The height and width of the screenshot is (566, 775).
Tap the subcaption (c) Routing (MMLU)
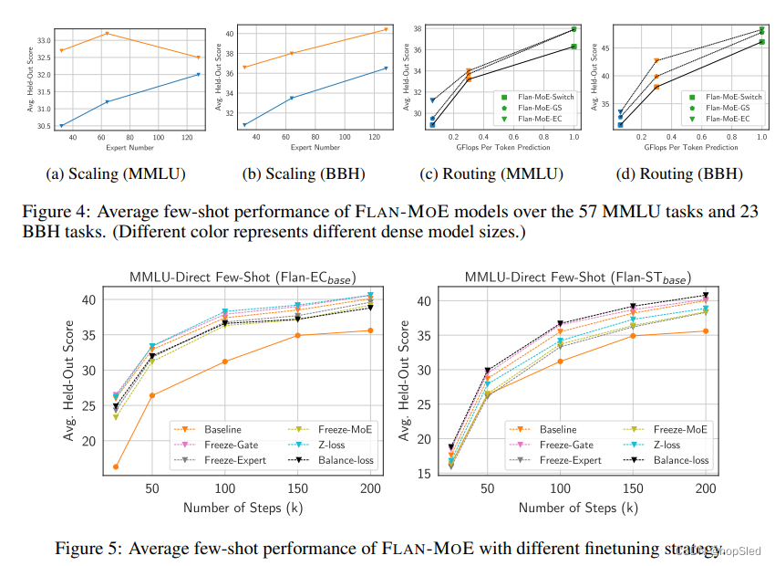click(x=491, y=173)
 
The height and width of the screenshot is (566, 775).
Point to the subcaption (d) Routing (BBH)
click(x=677, y=173)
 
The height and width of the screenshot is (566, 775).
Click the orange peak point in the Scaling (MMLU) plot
click(x=108, y=34)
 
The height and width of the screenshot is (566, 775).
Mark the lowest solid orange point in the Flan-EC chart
click(x=116, y=466)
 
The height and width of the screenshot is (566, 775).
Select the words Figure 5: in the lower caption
click(x=88, y=549)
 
